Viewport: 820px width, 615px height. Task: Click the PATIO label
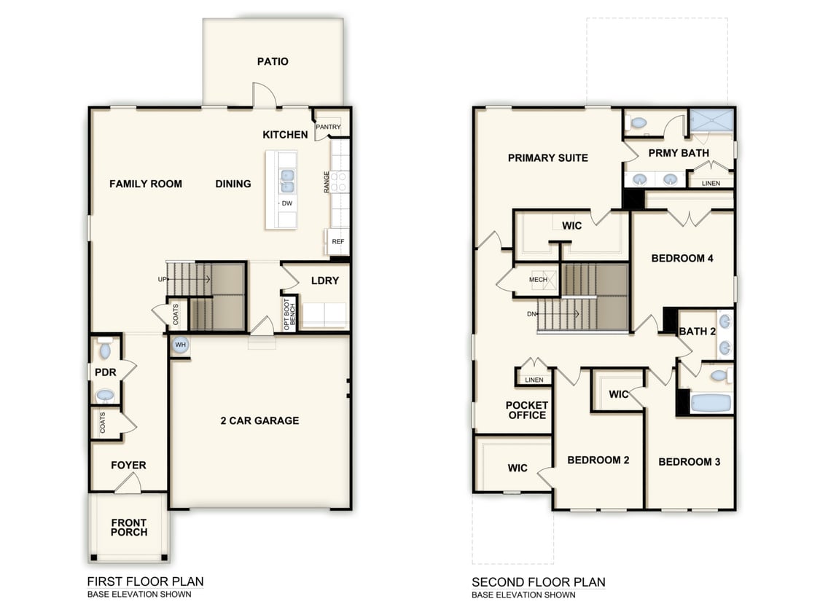273,61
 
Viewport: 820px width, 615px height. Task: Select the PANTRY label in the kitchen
328,128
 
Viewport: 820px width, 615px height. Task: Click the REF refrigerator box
337,241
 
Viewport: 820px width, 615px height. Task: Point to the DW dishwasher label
287,203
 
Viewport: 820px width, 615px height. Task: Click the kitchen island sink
287,180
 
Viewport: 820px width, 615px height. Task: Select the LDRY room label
324,281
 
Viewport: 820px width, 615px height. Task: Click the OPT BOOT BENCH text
289,313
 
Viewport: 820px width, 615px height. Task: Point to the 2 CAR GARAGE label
259,420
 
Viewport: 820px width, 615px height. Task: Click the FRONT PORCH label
129,528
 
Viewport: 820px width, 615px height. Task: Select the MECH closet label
538,280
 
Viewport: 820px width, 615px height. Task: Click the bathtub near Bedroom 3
710,403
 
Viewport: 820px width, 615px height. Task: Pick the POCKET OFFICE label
526,410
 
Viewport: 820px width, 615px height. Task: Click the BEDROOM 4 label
682,258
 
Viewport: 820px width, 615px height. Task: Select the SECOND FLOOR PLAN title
538,582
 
